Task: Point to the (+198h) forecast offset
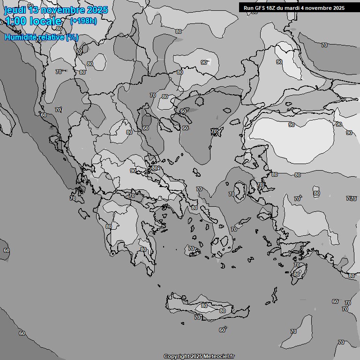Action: click(x=83, y=21)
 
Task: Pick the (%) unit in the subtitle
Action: click(x=72, y=37)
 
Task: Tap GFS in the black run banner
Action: click(x=261, y=8)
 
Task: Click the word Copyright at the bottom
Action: click(x=176, y=357)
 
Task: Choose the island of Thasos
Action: click(x=200, y=100)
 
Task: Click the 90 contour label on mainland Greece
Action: click(x=133, y=171)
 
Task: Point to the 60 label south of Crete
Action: click(x=222, y=330)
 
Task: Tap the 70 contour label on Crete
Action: click(x=197, y=317)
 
